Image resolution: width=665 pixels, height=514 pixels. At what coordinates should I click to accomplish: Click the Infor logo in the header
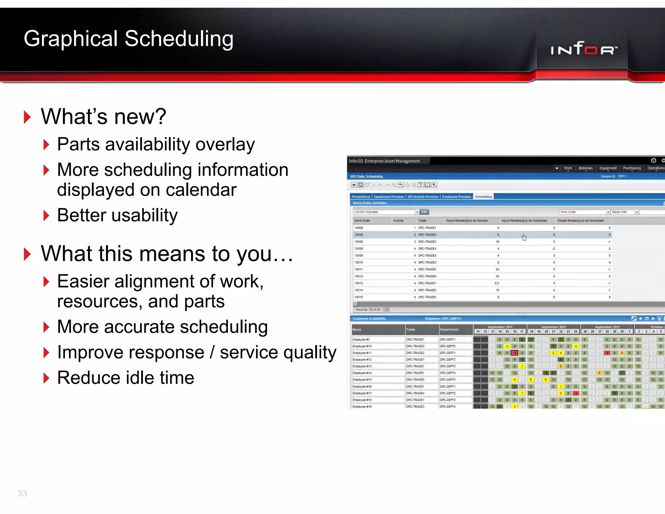(583, 49)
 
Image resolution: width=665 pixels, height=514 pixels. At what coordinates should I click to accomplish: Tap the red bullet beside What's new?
(27, 117)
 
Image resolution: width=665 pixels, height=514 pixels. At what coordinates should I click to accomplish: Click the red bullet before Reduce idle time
(46, 378)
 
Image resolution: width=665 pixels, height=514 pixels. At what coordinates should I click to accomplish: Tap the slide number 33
(22, 493)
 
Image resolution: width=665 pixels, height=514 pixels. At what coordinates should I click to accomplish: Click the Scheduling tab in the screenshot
(483, 197)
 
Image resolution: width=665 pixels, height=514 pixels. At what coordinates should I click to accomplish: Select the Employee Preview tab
(456, 197)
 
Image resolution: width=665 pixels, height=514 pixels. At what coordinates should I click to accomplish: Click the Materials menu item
(585, 168)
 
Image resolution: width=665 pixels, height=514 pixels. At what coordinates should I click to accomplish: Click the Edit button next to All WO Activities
(424, 212)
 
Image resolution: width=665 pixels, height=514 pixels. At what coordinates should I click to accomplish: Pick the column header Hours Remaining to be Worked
(467, 221)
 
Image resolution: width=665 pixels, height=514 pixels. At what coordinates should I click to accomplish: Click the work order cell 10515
(359, 297)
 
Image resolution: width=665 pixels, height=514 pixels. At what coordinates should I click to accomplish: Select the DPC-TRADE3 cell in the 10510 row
(427, 262)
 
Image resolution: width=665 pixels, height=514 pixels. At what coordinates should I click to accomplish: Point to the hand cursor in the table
(524, 238)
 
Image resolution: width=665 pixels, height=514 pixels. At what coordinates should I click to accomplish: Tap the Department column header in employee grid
(449, 329)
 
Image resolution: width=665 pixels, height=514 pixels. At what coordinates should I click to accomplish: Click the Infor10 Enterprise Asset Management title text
(384, 161)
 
